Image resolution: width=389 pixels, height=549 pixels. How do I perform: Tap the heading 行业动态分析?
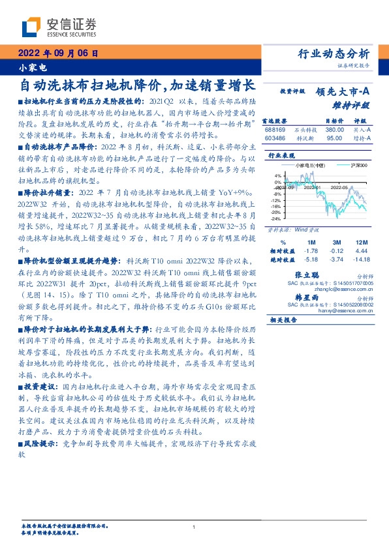point(334,53)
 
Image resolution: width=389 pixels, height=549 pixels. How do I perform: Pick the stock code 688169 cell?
point(275,130)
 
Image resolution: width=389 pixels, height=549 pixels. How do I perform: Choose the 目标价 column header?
point(334,121)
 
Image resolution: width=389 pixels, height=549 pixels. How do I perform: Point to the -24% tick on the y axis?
point(277,219)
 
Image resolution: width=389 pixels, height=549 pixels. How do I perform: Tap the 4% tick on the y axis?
point(279,176)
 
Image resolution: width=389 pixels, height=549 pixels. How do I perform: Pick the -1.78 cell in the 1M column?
point(311,250)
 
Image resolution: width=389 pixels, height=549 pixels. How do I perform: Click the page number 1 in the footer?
point(194,527)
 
